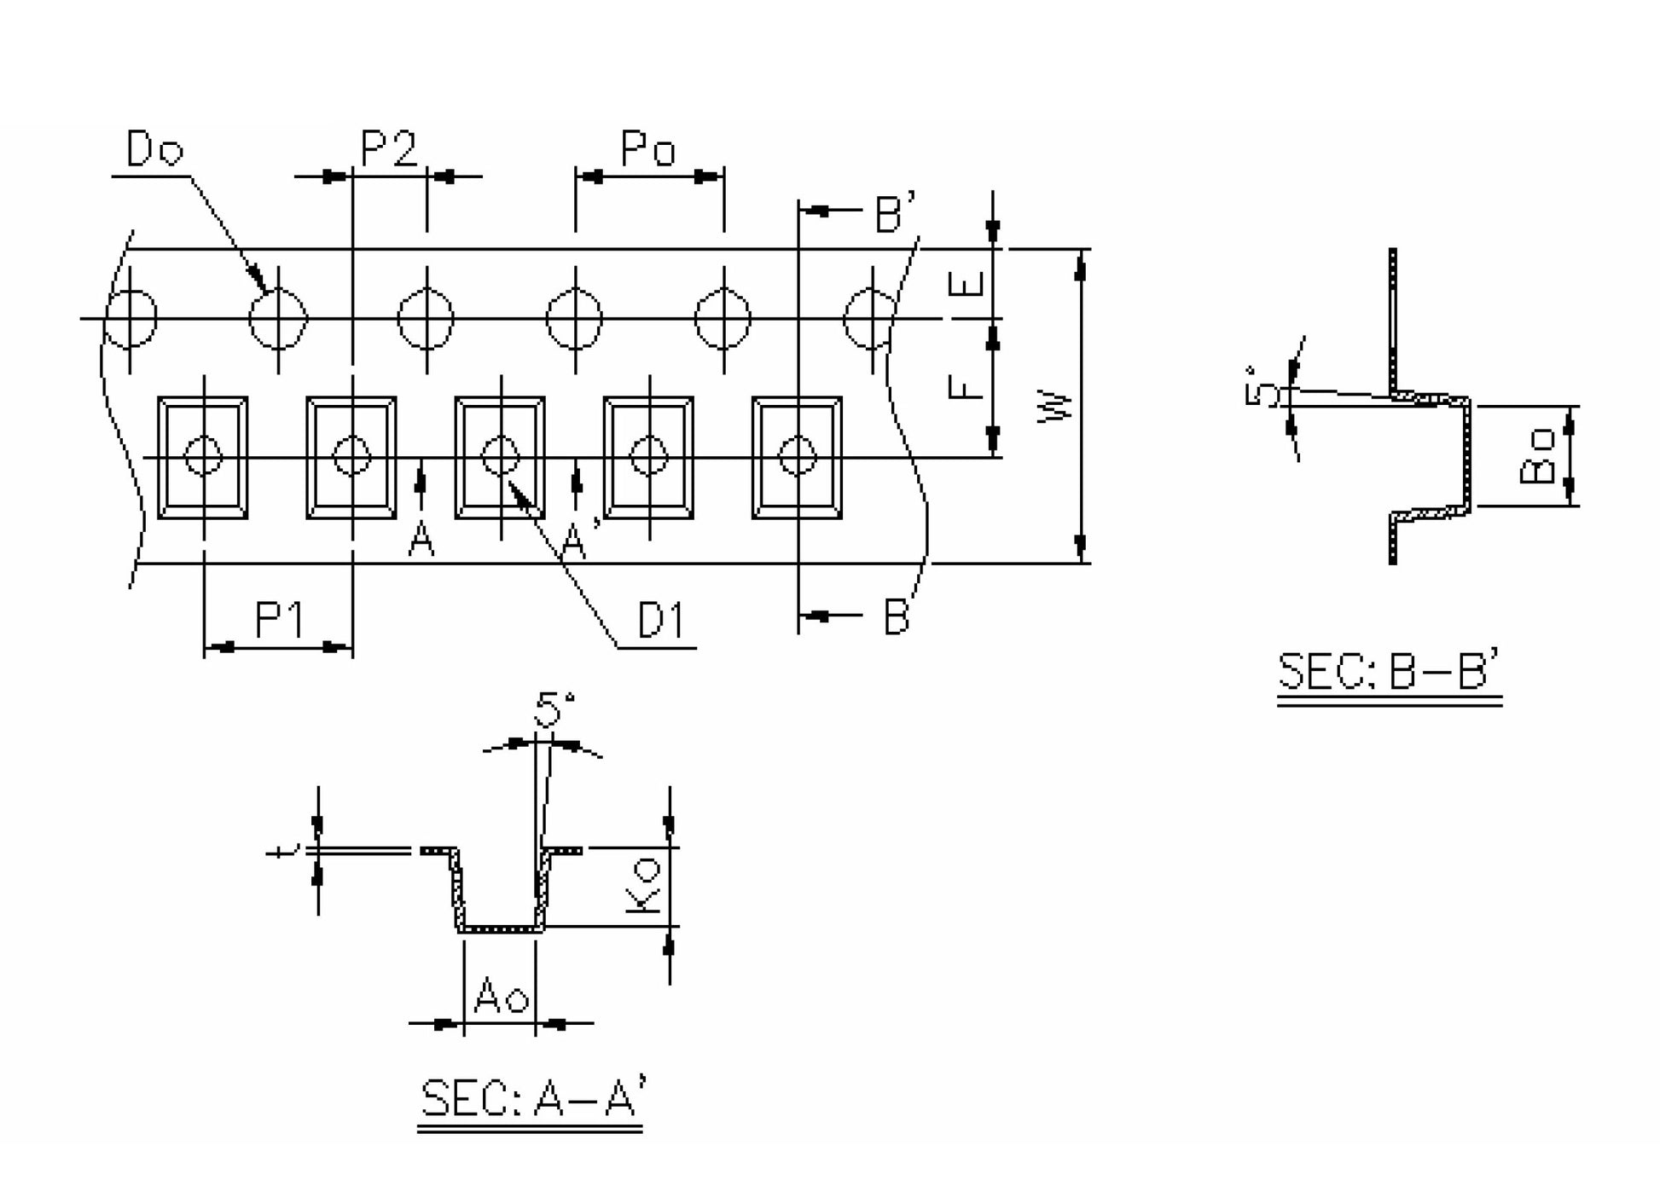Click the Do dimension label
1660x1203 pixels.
154,150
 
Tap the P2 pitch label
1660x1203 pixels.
389,150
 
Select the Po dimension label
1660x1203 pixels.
648,150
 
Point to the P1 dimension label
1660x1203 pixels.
279,620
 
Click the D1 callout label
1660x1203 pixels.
661,620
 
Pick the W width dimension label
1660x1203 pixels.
1056,407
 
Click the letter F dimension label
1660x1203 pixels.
966,387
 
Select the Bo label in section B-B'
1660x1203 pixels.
1537,456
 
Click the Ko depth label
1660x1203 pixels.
643,886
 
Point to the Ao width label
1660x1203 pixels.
502,995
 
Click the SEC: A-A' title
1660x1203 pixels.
530,1098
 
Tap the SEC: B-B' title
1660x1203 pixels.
1389,672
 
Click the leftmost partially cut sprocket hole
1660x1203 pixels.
131,319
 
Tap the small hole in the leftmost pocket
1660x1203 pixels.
204,456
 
